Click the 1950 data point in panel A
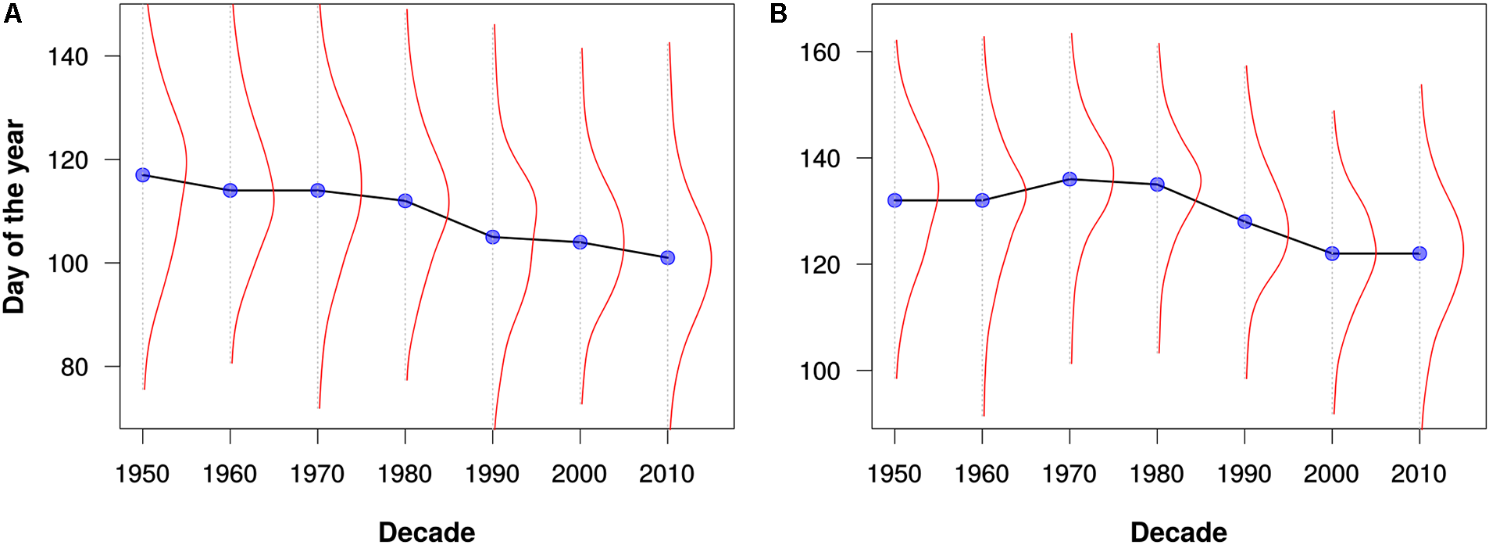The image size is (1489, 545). click(142, 175)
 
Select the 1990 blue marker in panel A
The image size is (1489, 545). click(492, 237)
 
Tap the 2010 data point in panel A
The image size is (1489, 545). click(667, 257)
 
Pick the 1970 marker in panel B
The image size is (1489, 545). click(1069, 179)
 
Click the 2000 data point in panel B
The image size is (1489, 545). click(1332, 253)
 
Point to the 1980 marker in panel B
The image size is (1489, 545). click(1157, 185)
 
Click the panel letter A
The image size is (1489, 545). click(12, 14)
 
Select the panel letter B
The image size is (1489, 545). click(778, 14)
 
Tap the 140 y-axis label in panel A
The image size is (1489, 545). click(68, 57)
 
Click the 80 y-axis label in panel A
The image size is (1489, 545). click(74, 367)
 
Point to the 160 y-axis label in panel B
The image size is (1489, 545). click(819, 52)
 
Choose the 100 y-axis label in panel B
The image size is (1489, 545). click(819, 371)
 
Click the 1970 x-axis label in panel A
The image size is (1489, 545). click(317, 474)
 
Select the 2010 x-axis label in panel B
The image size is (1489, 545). click(1419, 474)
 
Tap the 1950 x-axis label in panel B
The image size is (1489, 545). click(894, 474)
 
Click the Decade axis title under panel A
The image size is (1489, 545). click(427, 532)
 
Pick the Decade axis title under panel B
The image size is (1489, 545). click(1178, 532)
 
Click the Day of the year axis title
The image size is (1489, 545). click(14, 217)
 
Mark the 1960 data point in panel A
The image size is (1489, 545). click(230, 190)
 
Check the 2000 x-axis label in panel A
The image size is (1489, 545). click(579, 474)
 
